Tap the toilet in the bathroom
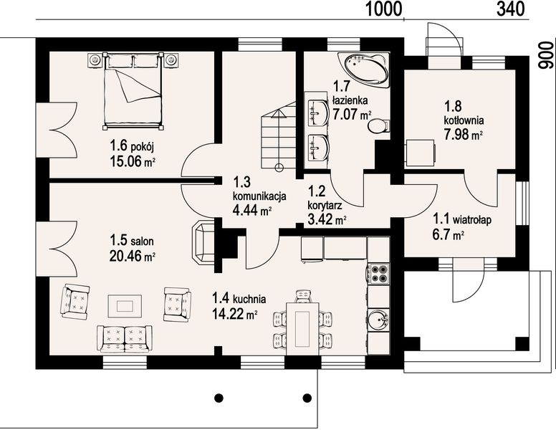pos(379,126)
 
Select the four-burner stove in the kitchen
pos(378,274)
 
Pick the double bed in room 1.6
pos(133,91)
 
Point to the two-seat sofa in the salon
pos(125,339)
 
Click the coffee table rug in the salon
pos(125,306)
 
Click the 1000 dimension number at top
pos(383,9)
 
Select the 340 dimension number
pos(510,9)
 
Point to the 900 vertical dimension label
pos(546,55)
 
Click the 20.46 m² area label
pos(132,256)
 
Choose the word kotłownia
pos(464,120)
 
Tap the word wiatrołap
pos(471,220)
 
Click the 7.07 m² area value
pos(352,115)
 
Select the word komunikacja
pos(259,196)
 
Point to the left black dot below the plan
pos(219,397)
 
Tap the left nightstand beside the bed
pos(95,59)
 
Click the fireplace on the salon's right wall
pos(203,242)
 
